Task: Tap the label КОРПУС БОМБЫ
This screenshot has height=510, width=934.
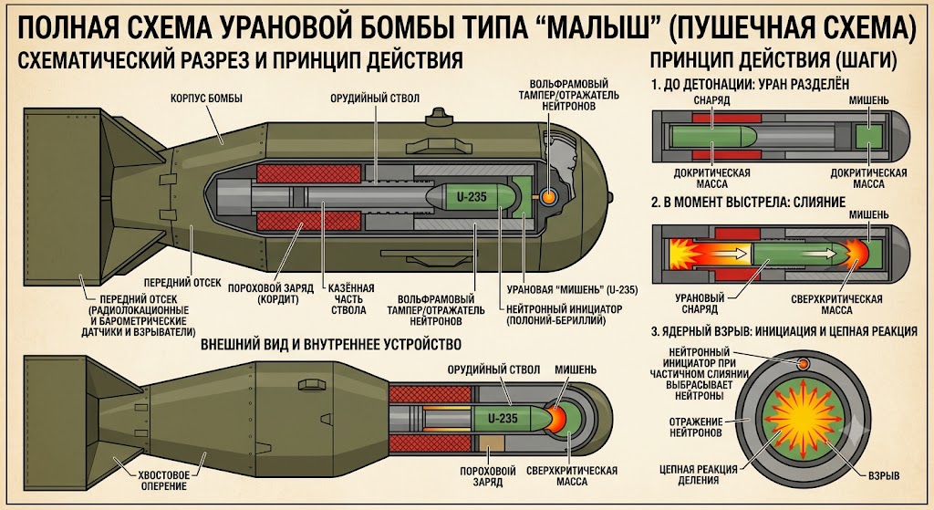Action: (206, 99)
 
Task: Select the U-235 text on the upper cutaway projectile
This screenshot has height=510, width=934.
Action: (472, 197)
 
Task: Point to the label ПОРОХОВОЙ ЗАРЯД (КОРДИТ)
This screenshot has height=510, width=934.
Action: (270, 294)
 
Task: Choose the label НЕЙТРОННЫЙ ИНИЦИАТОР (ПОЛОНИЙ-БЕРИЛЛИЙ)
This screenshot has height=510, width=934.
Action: (564, 315)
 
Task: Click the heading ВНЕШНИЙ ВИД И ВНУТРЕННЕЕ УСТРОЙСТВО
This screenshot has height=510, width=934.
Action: (330, 344)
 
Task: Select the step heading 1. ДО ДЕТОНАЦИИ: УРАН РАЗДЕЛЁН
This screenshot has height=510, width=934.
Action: (750, 85)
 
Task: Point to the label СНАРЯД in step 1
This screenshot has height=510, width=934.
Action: (711, 100)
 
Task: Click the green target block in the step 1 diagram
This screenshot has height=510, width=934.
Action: (868, 137)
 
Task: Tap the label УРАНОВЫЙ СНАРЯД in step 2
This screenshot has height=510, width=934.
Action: (700, 304)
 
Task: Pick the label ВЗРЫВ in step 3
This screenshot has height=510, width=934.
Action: (884, 475)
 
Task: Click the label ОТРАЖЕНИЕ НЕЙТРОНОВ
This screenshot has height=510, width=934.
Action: (695, 427)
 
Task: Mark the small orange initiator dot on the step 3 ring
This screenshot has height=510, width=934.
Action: (803, 363)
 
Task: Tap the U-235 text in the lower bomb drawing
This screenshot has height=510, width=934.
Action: (503, 419)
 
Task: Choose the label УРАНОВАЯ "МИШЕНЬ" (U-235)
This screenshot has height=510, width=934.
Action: (572, 290)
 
